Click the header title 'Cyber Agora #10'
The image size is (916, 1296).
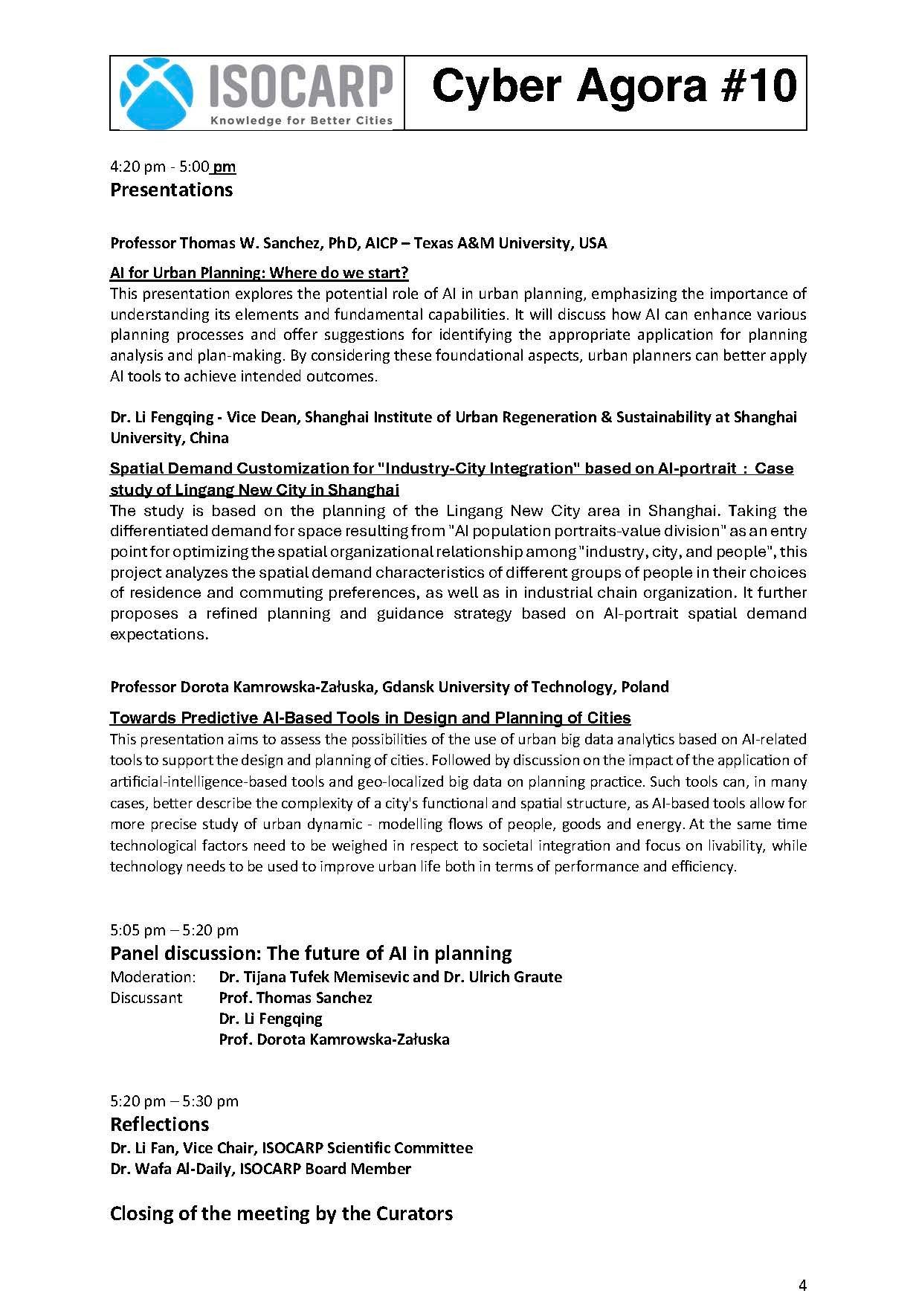click(614, 86)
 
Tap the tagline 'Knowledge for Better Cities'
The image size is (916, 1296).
click(301, 120)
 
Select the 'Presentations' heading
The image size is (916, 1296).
click(171, 190)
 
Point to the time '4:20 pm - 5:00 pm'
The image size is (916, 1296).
click(172, 167)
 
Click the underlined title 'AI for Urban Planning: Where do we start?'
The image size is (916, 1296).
click(259, 272)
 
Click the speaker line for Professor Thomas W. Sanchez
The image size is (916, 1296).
click(358, 243)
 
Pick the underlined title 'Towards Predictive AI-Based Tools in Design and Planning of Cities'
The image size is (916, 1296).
click(370, 718)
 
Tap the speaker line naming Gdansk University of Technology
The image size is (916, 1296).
click(389, 687)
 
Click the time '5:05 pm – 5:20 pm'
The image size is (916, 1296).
click(174, 930)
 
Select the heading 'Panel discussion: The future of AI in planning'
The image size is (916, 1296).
click(311, 953)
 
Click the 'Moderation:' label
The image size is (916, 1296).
click(152, 977)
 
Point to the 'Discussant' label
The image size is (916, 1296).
click(146, 998)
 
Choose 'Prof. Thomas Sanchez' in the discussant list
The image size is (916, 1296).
click(295, 998)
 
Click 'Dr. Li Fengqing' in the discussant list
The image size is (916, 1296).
click(271, 1019)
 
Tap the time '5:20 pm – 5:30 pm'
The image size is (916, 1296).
click(174, 1101)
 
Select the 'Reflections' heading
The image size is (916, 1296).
click(159, 1124)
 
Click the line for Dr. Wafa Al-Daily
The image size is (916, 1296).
click(260, 1169)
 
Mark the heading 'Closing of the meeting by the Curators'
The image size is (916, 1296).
click(281, 1213)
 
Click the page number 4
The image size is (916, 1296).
click(802, 1264)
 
